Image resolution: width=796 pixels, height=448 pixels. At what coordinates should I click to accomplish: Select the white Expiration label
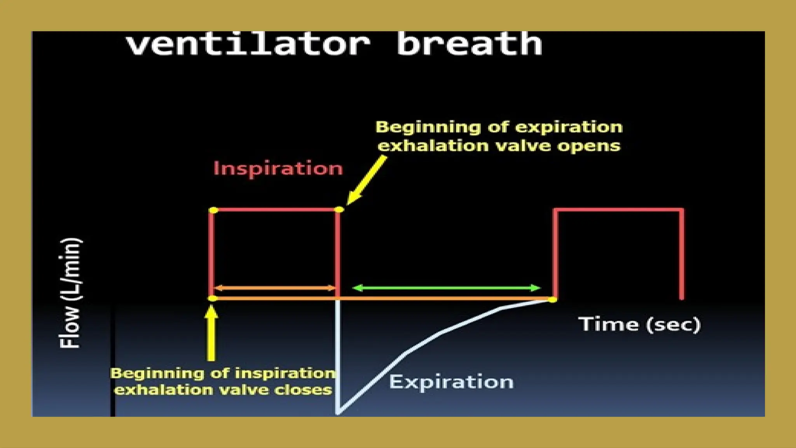point(451,382)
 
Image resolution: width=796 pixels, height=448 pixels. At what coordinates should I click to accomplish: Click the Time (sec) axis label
point(639,324)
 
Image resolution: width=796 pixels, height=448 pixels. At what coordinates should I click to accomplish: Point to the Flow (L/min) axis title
point(71,292)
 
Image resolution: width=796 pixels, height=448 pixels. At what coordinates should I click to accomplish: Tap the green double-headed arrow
point(446,288)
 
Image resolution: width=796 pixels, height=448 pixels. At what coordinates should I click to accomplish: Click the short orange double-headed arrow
point(274,288)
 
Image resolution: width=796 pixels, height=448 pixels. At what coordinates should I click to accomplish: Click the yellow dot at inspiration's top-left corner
point(213,210)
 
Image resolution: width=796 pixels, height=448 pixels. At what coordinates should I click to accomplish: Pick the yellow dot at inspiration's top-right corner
point(339,210)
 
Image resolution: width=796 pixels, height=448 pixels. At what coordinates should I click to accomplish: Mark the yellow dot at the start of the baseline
point(213,299)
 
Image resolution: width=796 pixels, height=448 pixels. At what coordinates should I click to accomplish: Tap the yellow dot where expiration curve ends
point(552,299)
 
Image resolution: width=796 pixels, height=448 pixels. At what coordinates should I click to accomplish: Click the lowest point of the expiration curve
point(338,412)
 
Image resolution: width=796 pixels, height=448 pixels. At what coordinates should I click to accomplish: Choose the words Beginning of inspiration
point(223,373)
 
